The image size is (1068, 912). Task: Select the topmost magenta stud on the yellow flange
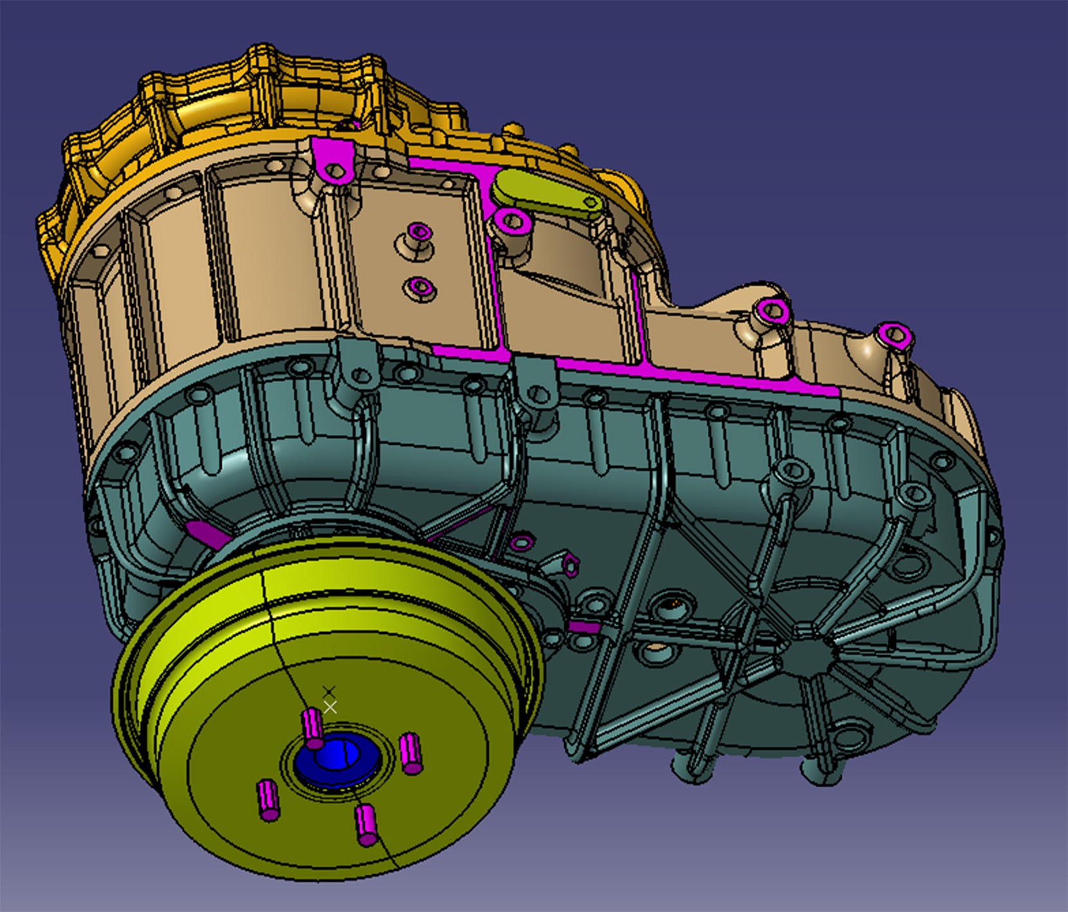[313, 727]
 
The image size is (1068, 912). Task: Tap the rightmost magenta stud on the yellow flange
[411, 754]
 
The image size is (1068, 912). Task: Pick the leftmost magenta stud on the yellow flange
[268, 800]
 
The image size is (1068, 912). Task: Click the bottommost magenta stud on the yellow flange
[366, 825]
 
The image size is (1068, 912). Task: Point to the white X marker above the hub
[330, 707]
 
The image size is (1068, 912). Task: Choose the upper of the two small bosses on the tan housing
[419, 233]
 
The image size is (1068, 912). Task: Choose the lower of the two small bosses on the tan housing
[420, 286]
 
